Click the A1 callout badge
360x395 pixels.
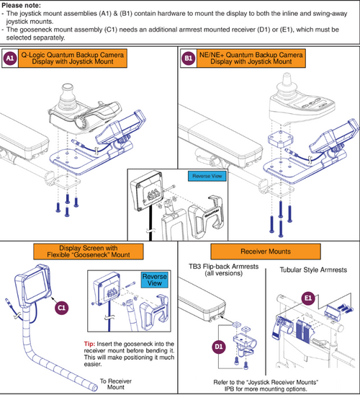pyautogui.click(x=10, y=58)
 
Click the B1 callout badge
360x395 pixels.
pyautogui.click(x=189, y=58)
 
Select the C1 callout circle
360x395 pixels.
pyautogui.click(x=62, y=308)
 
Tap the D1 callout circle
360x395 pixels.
pyautogui.click(x=219, y=347)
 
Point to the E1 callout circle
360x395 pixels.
pyautogui.click(x=308, y=298)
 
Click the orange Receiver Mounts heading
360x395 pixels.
pyautogui.click(x=266, y=252)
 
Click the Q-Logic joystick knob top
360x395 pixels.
pyautogui.click(x=67, y=88)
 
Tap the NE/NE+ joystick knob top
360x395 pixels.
pyautogui.click(x=287, y=76)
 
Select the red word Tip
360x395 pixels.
pyautogui.click(x=89, y=344)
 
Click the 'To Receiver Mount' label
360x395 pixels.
pyautogui.click(x=116, y=384)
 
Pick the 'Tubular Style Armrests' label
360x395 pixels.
pyautogui.click(x=313, y=270)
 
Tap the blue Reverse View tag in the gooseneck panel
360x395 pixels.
pyautogui.click(x=155, y=280)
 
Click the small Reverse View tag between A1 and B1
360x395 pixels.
pyautogui.click(x=207, y=176)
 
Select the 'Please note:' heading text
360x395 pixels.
pyautogui.click(x=21, y=5)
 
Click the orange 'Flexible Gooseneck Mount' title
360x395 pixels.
pyautogui.click(x=89, y=252)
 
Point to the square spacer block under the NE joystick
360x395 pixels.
pyautogui.click(x=280, y=139)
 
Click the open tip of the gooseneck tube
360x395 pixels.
pyautogui.click(x=95, y=388)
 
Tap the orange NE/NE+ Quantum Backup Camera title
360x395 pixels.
pyautogui.click(x=251, y=58)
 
